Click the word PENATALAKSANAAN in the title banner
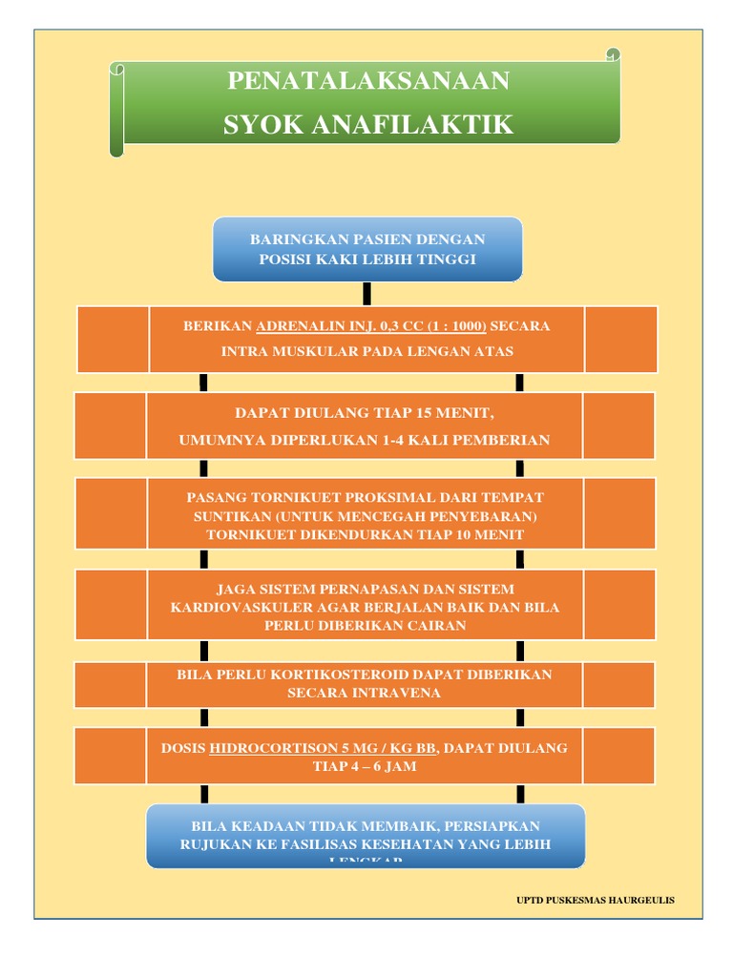(368, 81)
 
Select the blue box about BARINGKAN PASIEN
(367, 249)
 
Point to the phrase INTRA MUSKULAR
(280, 351)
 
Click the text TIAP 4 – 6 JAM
(366, 766)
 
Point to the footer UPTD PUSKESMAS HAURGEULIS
(595, 900)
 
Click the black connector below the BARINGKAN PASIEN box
(366, 293)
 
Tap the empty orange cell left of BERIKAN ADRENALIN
(113, 339)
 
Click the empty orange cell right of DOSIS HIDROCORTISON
(618, 756)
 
